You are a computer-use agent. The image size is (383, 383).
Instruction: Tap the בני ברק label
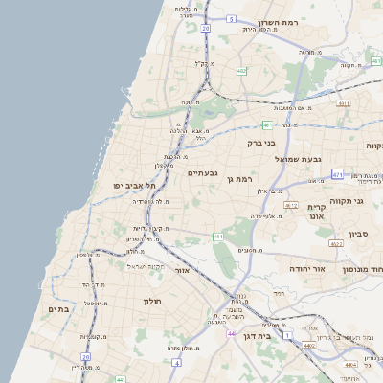[261, 144]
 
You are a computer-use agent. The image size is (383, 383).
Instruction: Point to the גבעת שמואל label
[304, 159]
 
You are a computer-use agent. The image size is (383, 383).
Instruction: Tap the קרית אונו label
[318, 212]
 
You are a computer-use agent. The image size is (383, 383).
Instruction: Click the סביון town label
[359, 234]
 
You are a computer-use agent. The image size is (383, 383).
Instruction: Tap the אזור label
[182, 270]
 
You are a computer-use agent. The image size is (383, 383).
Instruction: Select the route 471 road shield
[337, 174]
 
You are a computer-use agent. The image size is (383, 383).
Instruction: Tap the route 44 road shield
[232, 333]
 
